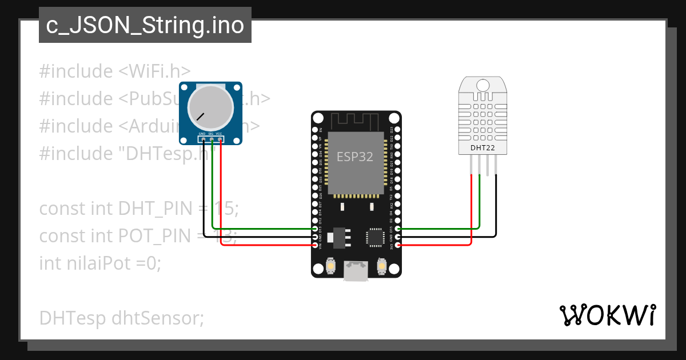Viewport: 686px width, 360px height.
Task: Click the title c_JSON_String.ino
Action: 145,26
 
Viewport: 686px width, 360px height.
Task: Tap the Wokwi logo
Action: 607,315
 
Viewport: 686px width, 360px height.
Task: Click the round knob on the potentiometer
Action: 211,107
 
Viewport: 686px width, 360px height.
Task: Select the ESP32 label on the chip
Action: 355,157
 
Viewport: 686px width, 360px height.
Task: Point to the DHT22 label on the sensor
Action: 482,148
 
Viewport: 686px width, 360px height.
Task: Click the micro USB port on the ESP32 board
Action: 356,271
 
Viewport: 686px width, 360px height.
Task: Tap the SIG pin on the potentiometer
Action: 212,139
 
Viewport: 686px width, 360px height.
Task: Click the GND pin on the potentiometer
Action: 204,139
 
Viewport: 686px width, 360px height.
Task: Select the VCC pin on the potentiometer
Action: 220,139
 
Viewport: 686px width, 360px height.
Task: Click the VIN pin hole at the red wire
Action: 316,245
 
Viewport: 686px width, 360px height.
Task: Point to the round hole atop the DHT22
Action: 482,85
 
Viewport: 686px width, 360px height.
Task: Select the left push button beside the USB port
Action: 330,266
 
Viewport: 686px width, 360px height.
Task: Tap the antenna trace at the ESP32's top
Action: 355,121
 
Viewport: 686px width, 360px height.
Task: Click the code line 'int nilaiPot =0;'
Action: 100,263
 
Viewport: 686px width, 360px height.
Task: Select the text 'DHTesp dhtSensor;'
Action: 121,317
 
